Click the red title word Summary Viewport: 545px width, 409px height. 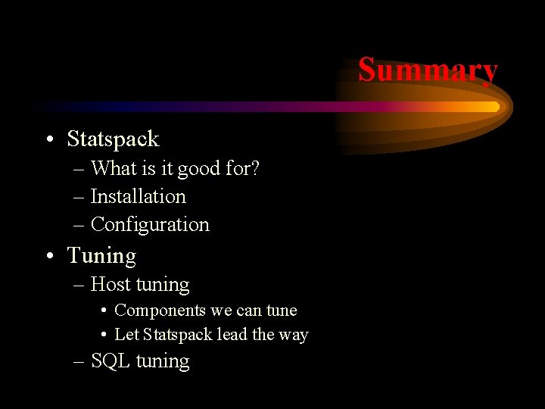pyautogui.click(x=428, y=70)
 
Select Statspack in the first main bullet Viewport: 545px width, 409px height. pyautogui.click(x=113, y=139)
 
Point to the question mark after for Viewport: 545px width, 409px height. pyautogui.click(x=255, y=169)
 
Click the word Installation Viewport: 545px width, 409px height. pyautogui.click(x=138, y=197)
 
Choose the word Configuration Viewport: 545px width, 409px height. pyautogui.click(x=150, y=225)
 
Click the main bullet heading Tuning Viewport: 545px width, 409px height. pyautogui.click(x=101, y=256)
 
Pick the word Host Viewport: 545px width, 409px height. pyautogui.click(x=110, y=285)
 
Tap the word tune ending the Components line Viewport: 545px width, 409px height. pyautogui.click(x=282, y=311)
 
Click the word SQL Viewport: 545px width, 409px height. pyautogui.click(x=110, y=361)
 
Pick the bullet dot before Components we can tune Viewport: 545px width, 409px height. pyautogui.click(x=102, y=311)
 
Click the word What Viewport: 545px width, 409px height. pyautogui.click(x=112, y=169)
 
